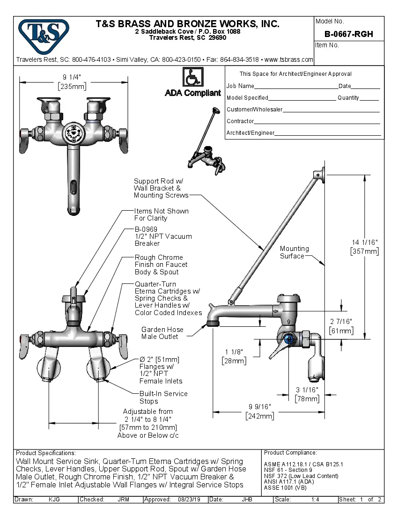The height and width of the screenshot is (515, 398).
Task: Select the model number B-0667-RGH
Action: tap(348, 34)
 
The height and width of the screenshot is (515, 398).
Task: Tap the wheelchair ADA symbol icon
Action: tap(192, 77)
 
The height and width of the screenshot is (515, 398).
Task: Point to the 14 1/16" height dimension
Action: tap(365, 242)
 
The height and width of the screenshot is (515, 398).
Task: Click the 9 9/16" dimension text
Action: tap(259, 407)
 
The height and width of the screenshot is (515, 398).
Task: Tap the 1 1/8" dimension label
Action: tap(234, 352)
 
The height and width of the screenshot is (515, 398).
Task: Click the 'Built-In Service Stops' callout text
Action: tap(163, 397)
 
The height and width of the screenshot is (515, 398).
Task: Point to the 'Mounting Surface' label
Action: tap(294, 252)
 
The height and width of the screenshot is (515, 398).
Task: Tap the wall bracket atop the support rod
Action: tap(321, 175)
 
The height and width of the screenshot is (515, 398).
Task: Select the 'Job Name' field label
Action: tap(240, 86)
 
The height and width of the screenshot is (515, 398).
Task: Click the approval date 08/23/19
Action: tap(189, 500)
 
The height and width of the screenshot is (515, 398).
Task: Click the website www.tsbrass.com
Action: tap(288, 60)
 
